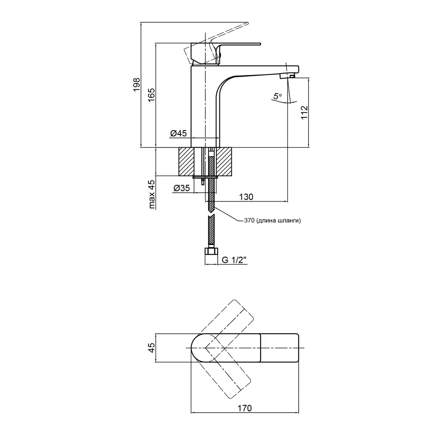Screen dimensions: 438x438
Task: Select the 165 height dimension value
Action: tap(151, 95)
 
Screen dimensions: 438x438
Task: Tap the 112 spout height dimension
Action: tap(305, 113)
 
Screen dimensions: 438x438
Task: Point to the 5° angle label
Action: tap(277, 95)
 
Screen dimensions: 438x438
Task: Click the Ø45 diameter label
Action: tap(179, 133)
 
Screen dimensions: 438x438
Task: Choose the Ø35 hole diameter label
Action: tap(181, 188)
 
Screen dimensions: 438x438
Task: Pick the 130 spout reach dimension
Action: tap(246, 197)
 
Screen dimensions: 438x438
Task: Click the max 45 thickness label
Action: tap(152, 193)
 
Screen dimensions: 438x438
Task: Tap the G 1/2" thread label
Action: tap(234, 260)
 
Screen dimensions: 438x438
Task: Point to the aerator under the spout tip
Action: tap(285, 76)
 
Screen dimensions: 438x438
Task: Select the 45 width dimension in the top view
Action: tap(151, 348)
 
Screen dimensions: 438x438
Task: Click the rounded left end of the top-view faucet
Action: tap(197, 348)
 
